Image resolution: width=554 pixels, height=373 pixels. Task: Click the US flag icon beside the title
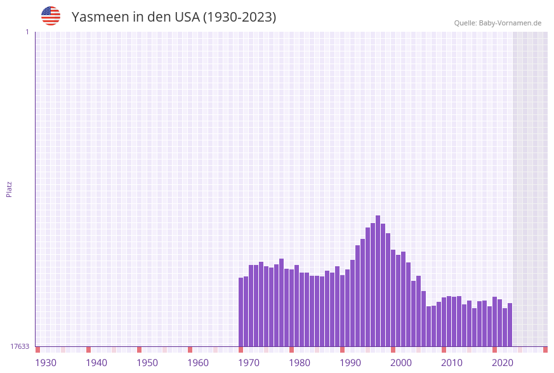(51, 16)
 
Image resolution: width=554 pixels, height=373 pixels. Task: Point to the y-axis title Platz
(10, 189)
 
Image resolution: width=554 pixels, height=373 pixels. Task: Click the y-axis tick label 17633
(20, 346)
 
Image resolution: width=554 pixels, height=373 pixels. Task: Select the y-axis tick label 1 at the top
(27, 32)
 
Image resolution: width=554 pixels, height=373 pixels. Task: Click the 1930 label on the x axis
(46, 363)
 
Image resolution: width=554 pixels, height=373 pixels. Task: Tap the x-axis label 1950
(147, 363)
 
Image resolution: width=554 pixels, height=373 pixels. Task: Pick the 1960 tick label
(198, 363)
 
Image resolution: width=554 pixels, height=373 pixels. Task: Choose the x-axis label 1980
(300, 363)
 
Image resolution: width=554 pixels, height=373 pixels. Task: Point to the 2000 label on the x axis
(401, 363)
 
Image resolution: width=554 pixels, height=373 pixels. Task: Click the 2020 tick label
(503, 363)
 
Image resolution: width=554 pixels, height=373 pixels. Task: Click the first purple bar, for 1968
(241, 312)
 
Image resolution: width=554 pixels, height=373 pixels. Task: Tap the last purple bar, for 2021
(510, 325)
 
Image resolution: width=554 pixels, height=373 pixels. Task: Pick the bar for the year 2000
(403, 299)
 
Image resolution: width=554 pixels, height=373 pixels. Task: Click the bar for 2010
(454, 321)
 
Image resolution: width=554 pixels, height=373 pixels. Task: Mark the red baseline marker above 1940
(89, 349)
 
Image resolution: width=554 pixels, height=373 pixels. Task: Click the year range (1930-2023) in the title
(239, 17)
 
